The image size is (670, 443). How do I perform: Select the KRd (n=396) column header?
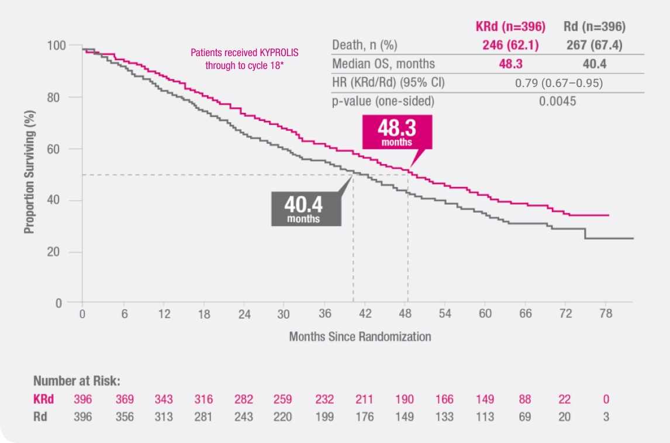tap(510, 27)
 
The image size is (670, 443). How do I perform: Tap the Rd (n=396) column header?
tap(594, 27)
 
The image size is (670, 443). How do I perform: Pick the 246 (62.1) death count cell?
tap(510, 46)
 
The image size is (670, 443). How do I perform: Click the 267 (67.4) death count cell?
tap(594, 46)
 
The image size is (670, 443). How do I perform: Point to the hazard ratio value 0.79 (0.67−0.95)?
tap(558, 83)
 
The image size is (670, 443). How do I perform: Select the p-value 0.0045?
tap(558, 101)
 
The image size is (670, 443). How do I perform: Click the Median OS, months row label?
tap(383, 64)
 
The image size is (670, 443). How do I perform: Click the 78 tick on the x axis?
tap(606, 314)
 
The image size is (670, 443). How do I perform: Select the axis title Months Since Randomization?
tap(360, 337)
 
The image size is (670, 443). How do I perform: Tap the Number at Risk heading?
tap(77, 382)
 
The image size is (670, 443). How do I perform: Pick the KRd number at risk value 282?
tap(244, 400)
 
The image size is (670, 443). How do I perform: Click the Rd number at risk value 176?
tap(364, 417)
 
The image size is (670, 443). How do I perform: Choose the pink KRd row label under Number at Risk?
tap(44, 400)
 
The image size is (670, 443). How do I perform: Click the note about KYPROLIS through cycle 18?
tap(244, 59)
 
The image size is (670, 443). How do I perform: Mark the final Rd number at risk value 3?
tap(606, 417)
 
